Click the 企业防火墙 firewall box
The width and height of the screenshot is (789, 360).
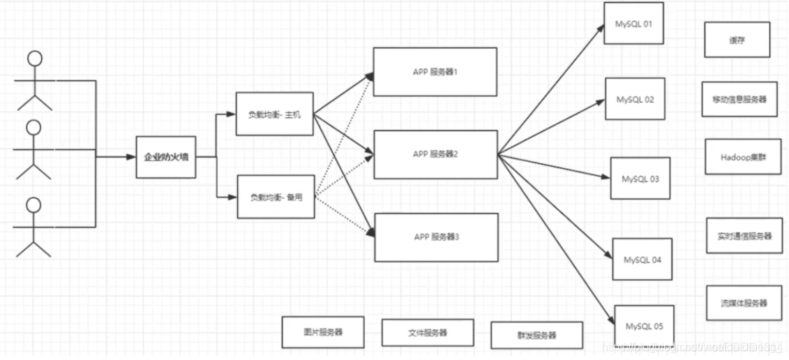tap(165, 157)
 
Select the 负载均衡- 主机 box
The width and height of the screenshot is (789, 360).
tap(274, 114)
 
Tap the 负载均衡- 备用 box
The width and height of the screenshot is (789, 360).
tap(275, 197)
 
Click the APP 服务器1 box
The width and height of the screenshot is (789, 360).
tap(435, 71)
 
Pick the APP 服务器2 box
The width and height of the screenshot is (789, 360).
tap(435, 154)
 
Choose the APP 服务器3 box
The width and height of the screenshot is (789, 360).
tap(436, 237)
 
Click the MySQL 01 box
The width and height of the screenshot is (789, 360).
tap(633, 24)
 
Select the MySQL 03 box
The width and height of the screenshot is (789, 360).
tap(640, 179)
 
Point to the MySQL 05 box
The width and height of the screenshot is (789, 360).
tap(644, 326)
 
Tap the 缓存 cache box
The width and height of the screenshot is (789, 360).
tap(737, 40)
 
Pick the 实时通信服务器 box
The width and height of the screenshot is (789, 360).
tap(744, 236)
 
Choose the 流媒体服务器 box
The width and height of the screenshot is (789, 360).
tap(744, 303)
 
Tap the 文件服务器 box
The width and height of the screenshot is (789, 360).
tap(427, 333)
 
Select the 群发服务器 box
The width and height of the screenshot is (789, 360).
tap(536, 335)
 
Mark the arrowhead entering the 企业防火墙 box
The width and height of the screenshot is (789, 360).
tap(131, 157)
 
